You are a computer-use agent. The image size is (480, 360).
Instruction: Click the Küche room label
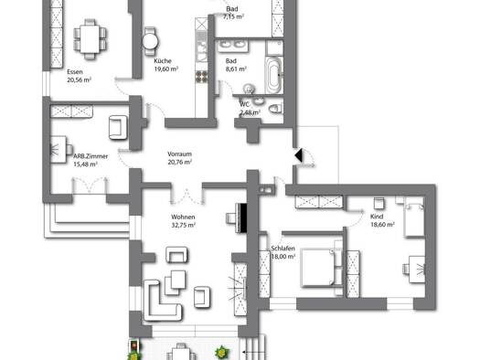coord(163,61)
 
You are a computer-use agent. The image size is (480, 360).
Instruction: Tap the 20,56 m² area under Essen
coord(80,79)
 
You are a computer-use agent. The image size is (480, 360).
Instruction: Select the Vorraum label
coord(179,154)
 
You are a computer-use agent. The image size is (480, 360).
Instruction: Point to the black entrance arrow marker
coord(298,155)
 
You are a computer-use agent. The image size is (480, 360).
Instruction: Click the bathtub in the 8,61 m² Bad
coord(273,75)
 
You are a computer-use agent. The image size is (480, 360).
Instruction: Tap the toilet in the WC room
coord(275,109)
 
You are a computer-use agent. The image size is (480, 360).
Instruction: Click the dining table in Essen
coord(90,39)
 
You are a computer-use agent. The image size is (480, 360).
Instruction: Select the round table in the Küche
coord(150,41)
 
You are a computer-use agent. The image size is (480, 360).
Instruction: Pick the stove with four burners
coord(201,77)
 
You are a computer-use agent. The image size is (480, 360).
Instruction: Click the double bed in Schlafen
coord(318,268)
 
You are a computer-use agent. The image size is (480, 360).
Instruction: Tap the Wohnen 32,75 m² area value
coord(184,225)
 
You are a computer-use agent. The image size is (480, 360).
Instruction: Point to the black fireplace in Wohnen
coord(243,217)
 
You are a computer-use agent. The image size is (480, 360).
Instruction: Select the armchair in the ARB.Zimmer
coord(118,128)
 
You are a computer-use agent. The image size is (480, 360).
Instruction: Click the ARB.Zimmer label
coord(91,156)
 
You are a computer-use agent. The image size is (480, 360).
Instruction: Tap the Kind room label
coord(377,217)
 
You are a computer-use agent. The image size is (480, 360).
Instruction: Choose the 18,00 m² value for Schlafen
coord(283,257)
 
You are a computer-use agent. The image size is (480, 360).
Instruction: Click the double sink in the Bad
coord(232,45)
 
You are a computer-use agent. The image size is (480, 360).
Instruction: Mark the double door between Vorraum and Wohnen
coord(187,195)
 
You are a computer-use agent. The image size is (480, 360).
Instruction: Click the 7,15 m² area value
coord(233,16)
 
